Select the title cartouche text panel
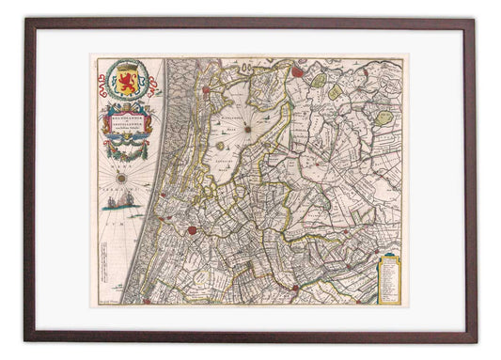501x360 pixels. click(x=128, y=122)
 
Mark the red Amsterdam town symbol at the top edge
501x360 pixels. click(x=298, y=69)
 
